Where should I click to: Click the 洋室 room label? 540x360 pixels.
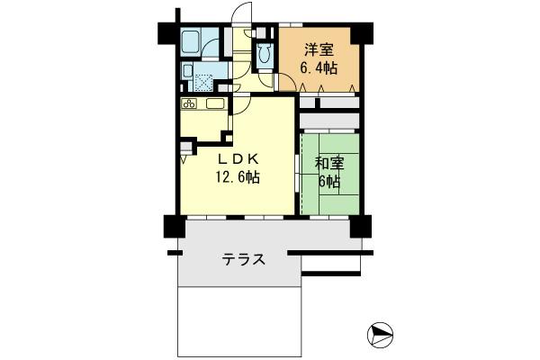pos(319,49)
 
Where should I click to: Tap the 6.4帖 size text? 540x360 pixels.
pos(319,67)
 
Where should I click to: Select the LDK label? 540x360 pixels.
pos(236,158)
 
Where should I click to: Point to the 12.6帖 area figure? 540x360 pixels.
pos(236,177)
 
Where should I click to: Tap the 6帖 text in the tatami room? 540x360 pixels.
pos(328,181)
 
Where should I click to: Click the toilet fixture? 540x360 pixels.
pos(263,54)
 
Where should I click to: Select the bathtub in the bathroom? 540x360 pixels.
pos(193,41)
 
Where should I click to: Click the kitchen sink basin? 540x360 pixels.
pos(215,104)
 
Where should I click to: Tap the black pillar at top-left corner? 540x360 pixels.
pos(169,31)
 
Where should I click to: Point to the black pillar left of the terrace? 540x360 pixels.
pos(170,226)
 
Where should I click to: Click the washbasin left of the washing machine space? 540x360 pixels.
pos(186,71)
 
